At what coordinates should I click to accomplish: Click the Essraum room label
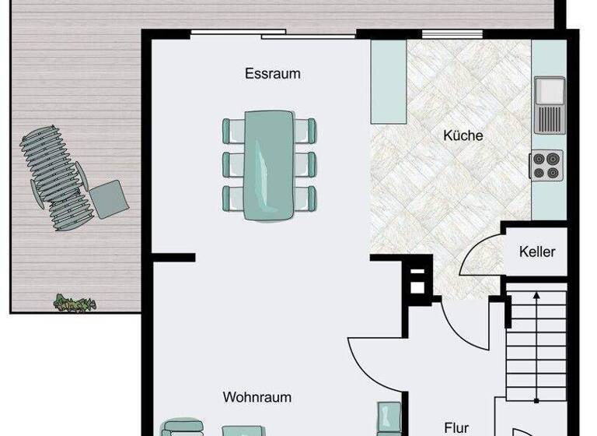coord(272,75)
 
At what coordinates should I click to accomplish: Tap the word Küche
coord(463,135)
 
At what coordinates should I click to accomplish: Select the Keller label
coord(537,251)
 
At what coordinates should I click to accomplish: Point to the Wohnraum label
coord(257,397)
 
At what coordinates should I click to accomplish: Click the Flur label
coord(456,427)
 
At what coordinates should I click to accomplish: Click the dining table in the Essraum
coord(269,164)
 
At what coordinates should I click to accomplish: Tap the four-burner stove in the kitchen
coord(546,166)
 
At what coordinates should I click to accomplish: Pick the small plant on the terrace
coord(74,303)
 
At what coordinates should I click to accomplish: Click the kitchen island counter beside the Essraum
coord(389,81)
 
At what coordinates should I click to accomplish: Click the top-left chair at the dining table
coord(233,130)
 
